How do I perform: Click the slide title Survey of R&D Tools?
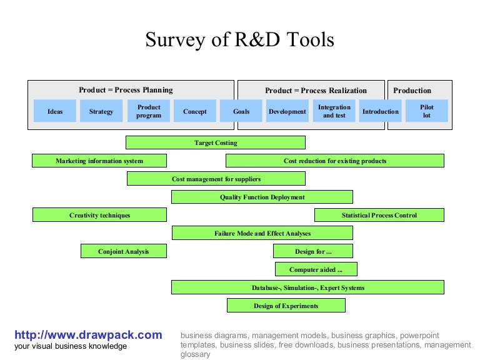click(x=239, y=40)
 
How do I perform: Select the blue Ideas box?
click(x=55, y=111)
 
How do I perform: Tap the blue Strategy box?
click(x=101, y=111)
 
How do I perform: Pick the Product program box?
click(x=149, y=111)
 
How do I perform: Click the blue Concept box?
click(x=195, y=111)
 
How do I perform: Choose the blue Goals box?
click(x=241, y=111)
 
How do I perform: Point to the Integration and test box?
click(x=334, y=111)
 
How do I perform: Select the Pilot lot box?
click(x=427, y=111)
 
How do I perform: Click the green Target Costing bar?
click(x=216, y=142)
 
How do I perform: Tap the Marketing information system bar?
click(x=99, y=161)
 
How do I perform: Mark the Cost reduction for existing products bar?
click(x=335, y=161)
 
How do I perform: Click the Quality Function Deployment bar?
click(x=262, y=197)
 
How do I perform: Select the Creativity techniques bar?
click(x=99, y=215)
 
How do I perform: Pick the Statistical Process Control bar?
click(x=379, y=215)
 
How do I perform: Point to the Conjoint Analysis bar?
click(x=124, y=251)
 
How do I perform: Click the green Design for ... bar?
click(x=313, y=251)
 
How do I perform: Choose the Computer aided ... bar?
click(x=316, y=269)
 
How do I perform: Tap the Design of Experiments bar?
click(x=286, y=306)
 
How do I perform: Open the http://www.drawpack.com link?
click(x=88, y=335)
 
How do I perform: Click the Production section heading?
click(x=412, y=90)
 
